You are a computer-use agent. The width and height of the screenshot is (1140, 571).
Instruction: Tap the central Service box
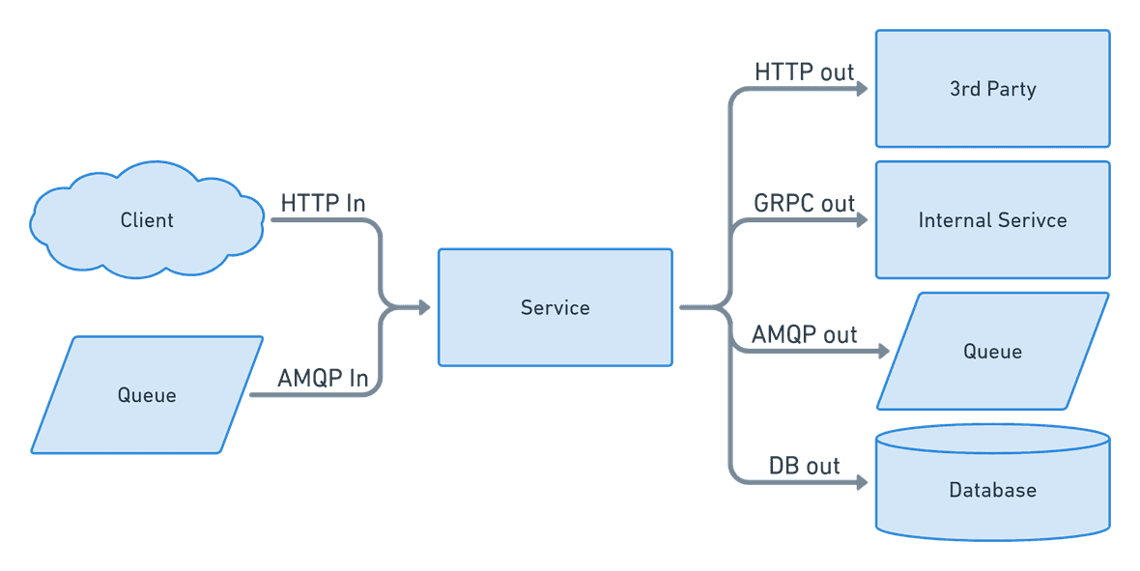(555, 307)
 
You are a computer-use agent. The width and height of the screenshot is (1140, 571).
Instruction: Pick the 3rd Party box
(992, 89)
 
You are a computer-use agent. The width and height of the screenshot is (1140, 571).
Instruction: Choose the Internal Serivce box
(992, 220)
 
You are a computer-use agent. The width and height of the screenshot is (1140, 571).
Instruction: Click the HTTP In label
(323, 204)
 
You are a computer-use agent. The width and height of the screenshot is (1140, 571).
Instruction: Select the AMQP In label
(323, 378)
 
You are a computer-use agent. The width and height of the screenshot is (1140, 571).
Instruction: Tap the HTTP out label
(804, 72)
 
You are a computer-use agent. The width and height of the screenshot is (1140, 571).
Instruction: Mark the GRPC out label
(804, 204)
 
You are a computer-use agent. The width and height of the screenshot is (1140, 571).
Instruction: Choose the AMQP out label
(804, 335)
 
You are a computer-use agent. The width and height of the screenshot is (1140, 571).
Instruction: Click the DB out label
(804, 466)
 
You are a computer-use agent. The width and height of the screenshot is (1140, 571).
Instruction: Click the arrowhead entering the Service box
(423, 308)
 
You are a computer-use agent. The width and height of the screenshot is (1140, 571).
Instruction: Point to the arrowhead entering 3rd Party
(861, 89)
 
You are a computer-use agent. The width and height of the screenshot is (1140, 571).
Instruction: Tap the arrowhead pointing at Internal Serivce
(861, 220)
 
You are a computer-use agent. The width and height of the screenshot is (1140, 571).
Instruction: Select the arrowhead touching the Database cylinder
(861, 482)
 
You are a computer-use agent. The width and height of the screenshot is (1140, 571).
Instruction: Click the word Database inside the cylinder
(992, 490)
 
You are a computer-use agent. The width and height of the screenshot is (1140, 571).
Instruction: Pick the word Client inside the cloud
(147, 220)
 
